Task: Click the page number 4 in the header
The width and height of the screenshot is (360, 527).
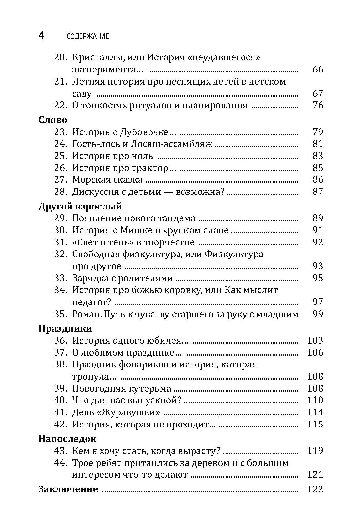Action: coord(41,36)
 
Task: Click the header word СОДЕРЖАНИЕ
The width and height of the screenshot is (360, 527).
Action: coord(88,36)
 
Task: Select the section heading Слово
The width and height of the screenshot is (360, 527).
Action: coord(53,120)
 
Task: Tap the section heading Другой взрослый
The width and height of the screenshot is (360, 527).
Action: coord(80,206)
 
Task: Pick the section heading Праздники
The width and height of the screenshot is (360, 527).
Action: coord(65,328)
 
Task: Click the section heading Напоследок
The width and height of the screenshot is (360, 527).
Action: coord(67,439)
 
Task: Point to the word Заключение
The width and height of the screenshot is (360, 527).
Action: coord(68,489)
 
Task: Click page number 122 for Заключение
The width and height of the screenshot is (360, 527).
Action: coord(315,489)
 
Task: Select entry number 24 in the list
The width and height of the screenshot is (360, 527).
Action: coord(60,144)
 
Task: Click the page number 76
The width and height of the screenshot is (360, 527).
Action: coord(318,105)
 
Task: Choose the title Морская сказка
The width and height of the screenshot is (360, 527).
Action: coord(107,179)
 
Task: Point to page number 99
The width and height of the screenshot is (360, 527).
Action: coord(318,314)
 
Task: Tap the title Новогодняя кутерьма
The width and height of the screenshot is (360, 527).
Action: coord(122,388)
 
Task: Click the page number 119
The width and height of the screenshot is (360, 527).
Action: coord(315,451)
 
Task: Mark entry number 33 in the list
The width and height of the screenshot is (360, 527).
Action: coord(60,278)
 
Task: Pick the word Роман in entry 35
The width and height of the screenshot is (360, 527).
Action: coord(85,314)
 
